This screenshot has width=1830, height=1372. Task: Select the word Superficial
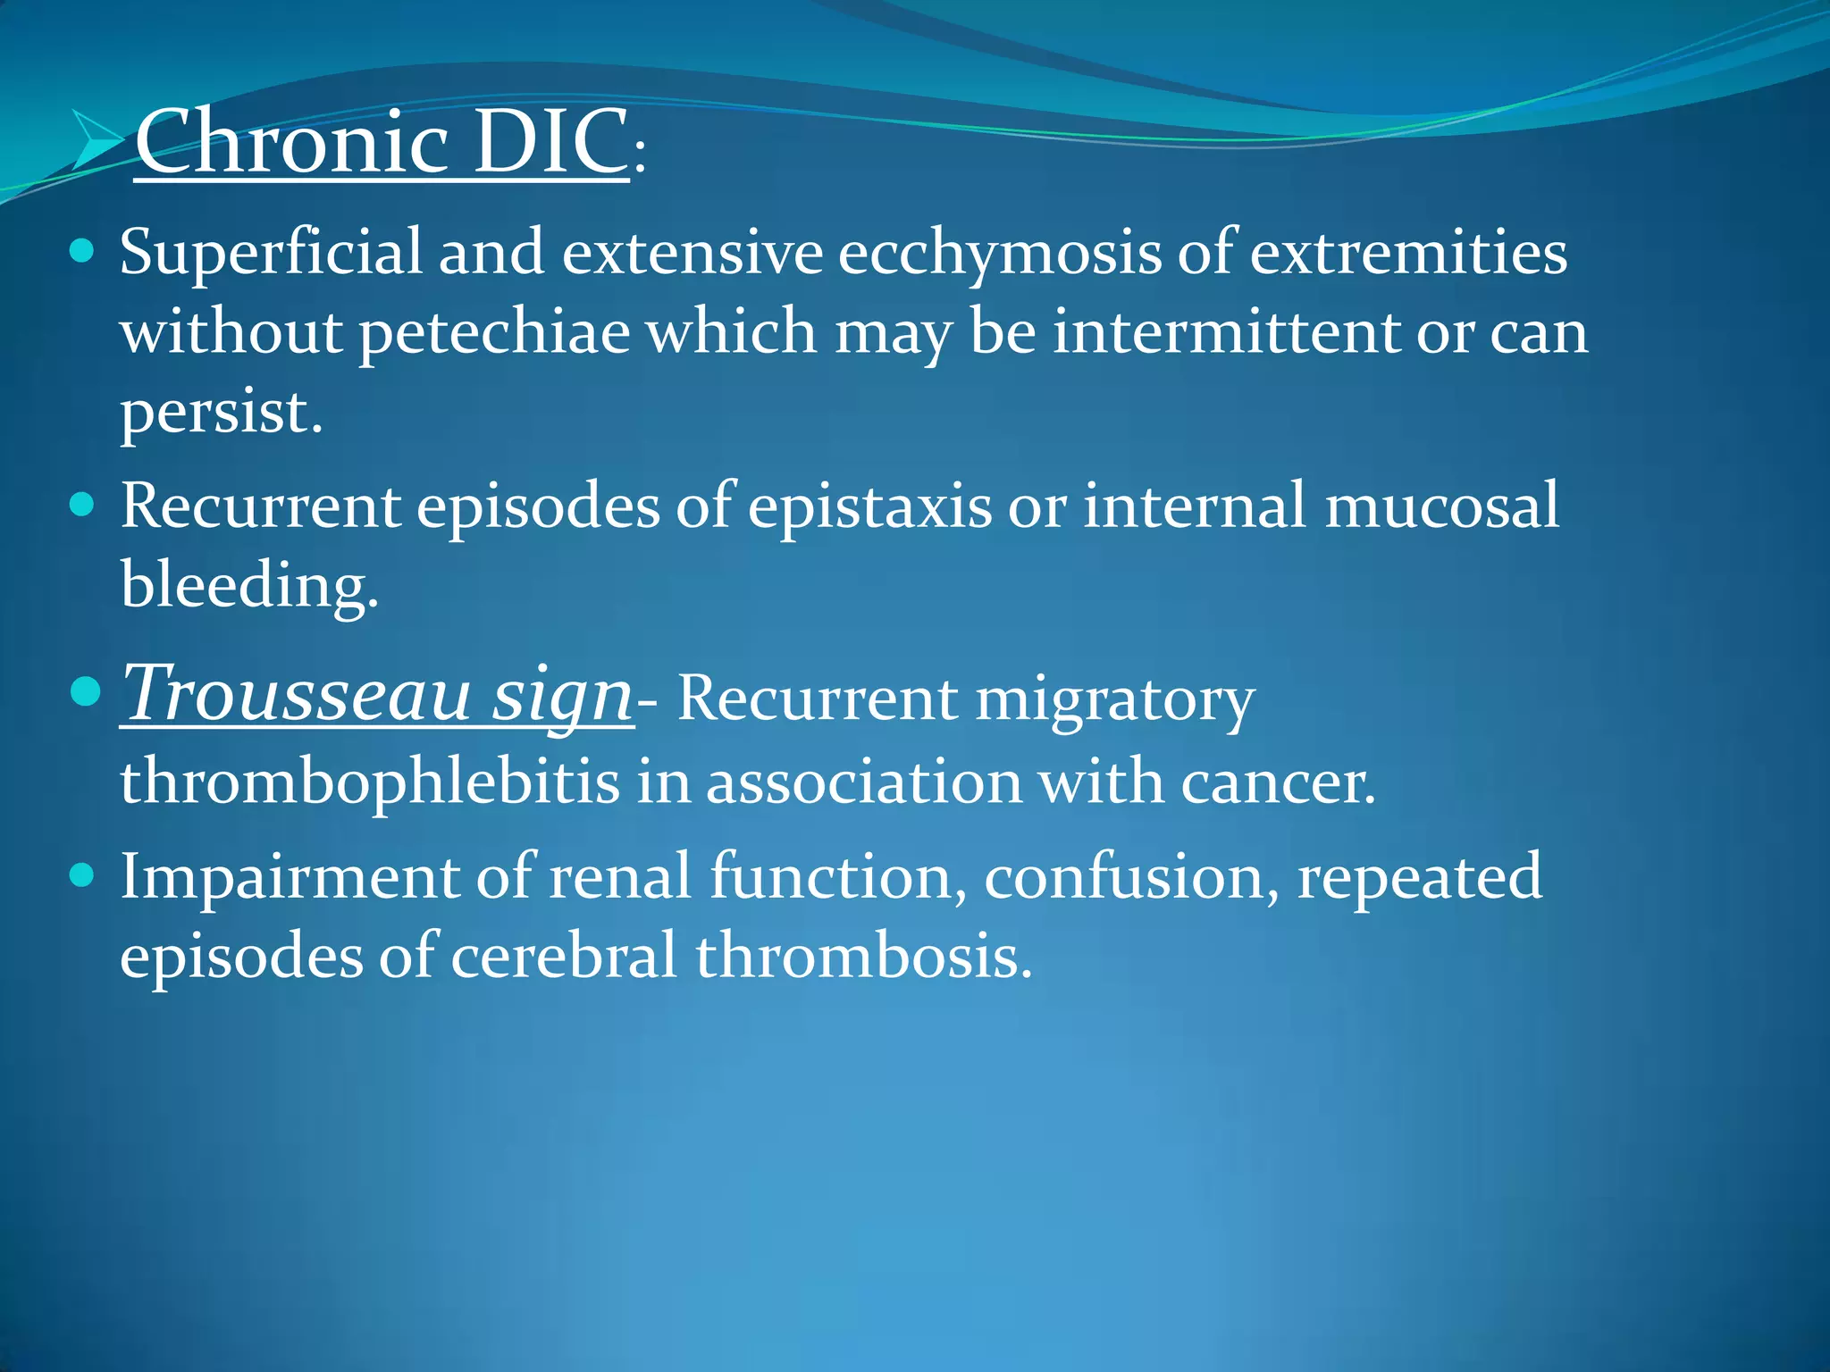pyautogui.click(x=270, y=253)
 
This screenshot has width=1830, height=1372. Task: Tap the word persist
pyautogui.click(x=219, y=414)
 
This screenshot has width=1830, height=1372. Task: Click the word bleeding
pyautogui.click(x=248, y=587)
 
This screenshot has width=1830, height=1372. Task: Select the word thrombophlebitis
pyautogui.click(x=370, y=782)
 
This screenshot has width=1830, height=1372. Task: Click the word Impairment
pyautogui.click(x=289, y=878)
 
